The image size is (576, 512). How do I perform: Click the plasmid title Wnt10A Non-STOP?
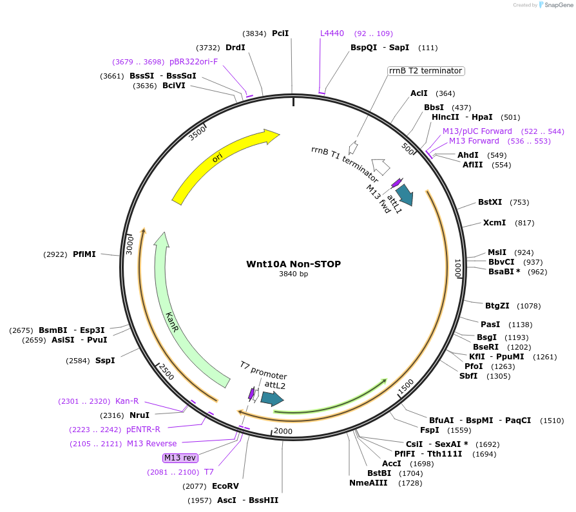point(293,264)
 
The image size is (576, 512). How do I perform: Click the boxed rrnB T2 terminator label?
point(425,71)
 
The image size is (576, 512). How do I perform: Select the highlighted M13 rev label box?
point(180,457)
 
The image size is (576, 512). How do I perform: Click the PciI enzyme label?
point(280,33)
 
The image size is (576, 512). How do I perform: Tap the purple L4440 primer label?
point(332,33)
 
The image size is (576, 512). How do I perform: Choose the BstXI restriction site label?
point(490,202)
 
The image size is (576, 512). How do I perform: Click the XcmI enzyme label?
point(494,223)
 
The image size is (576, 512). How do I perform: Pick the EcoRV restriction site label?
point(225,486)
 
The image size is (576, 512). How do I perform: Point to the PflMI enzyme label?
point(84,254)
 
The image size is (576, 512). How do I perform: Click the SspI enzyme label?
point(105,360)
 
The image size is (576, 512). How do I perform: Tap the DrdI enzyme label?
point(235,47)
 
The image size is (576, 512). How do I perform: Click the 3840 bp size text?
point(293,274)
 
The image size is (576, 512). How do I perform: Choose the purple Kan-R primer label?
point(127,401)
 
